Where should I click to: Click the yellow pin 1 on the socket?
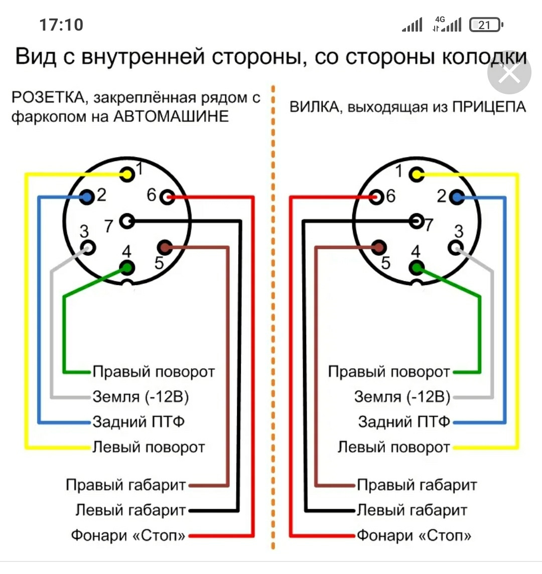(127, 175)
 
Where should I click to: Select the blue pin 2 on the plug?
(456, 197)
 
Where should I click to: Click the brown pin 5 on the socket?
(164, 247)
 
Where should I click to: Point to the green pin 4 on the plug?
(416, 268)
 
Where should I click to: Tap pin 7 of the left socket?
(128, 220)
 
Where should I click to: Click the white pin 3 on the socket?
(88, 247)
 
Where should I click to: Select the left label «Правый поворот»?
(154, 372)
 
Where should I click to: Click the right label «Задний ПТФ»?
(404, 421)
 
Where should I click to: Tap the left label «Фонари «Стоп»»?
(128, 535)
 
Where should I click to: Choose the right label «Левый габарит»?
(412, 510)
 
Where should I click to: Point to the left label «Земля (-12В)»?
(141, 397)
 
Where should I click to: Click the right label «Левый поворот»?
(393, 447)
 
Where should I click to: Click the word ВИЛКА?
(316, 107)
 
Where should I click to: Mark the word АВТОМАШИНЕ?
(171, 116)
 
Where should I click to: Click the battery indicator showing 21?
(485, 25)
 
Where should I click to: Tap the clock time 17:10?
(61, 25)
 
